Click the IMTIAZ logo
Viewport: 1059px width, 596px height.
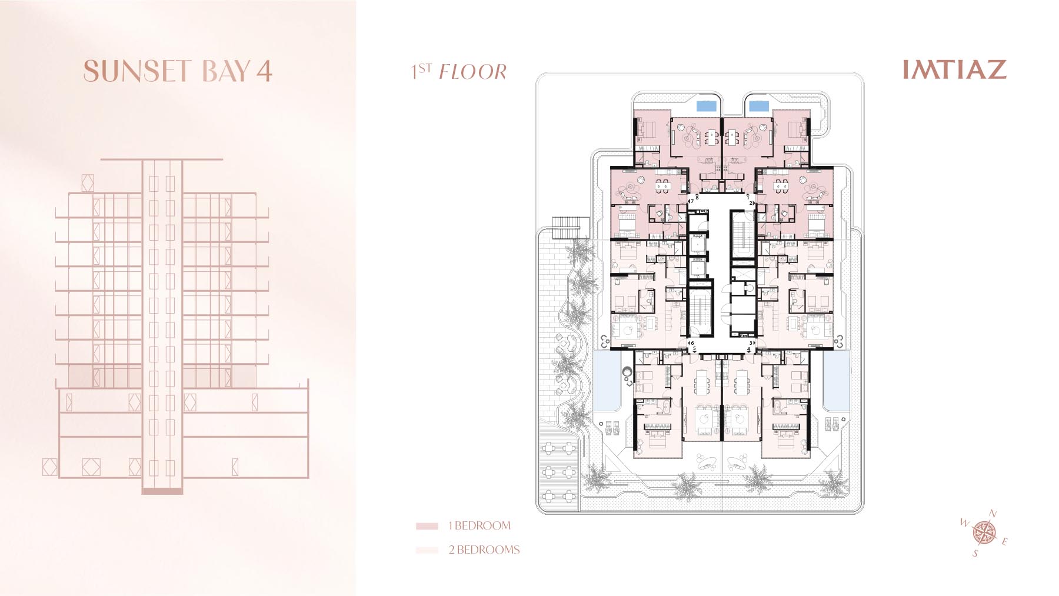pos(954,69)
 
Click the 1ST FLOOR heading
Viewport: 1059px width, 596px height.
pos(459,72)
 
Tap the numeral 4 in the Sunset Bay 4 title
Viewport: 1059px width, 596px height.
pos(264,71)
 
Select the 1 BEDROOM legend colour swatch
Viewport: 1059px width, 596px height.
pos(427,526)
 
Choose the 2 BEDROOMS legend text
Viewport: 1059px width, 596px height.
pos(484,550)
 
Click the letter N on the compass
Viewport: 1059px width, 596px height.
pos(993,514)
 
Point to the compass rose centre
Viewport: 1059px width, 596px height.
pos(981,532)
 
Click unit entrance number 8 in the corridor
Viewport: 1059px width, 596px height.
pos(697,198)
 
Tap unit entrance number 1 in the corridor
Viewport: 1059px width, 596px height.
pos(748,198)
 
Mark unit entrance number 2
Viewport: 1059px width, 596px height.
pos(751,203)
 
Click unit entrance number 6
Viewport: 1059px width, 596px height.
pos(692,342)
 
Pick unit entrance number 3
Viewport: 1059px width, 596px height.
pos(751,342)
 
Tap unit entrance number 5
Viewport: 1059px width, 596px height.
pos(694,349)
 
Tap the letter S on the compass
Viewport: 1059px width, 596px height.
pos(975,554)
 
